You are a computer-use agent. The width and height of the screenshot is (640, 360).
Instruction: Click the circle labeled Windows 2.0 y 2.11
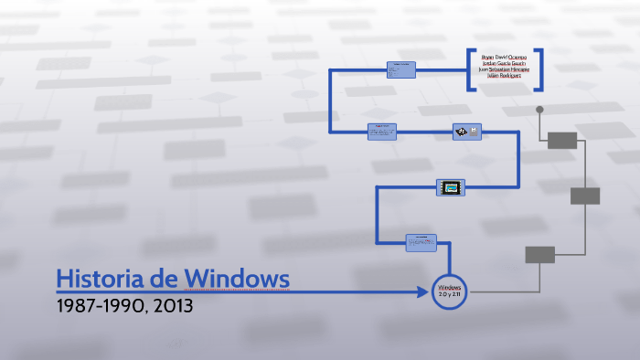tap(450, 291)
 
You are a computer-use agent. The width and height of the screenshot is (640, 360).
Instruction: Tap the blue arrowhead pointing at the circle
tap(427, 291)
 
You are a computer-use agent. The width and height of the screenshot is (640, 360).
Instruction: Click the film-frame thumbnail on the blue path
tap(450, 187)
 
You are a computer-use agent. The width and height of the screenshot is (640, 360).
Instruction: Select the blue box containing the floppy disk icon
tap(466, 132)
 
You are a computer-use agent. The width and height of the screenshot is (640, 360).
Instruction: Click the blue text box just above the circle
tap(421, 242)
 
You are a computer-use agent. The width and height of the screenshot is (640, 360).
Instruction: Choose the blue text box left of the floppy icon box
tap(382, 132)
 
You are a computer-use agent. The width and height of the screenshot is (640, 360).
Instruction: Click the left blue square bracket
tap(470, 69)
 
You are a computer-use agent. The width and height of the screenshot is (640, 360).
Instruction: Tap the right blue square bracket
tap(539, 69)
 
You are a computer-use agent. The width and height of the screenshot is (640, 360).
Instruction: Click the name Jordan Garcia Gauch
tap(504, 64)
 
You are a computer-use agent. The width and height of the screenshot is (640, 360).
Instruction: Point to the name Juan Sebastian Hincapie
tap(504, 70)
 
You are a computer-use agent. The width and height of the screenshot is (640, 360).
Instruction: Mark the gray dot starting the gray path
tap(539, 110)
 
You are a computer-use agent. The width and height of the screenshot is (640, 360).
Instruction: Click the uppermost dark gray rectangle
tap(562, 140)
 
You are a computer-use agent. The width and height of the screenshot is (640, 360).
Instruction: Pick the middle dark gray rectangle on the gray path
tap(585, 196)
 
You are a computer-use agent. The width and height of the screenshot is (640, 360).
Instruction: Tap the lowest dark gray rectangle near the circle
tap(539, 255)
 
